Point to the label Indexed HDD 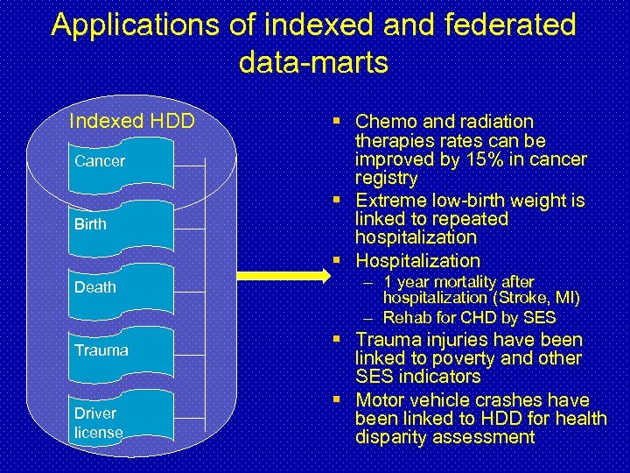coord(131,121)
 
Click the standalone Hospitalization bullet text coord(417,260)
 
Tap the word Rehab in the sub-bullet coord(403,317)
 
